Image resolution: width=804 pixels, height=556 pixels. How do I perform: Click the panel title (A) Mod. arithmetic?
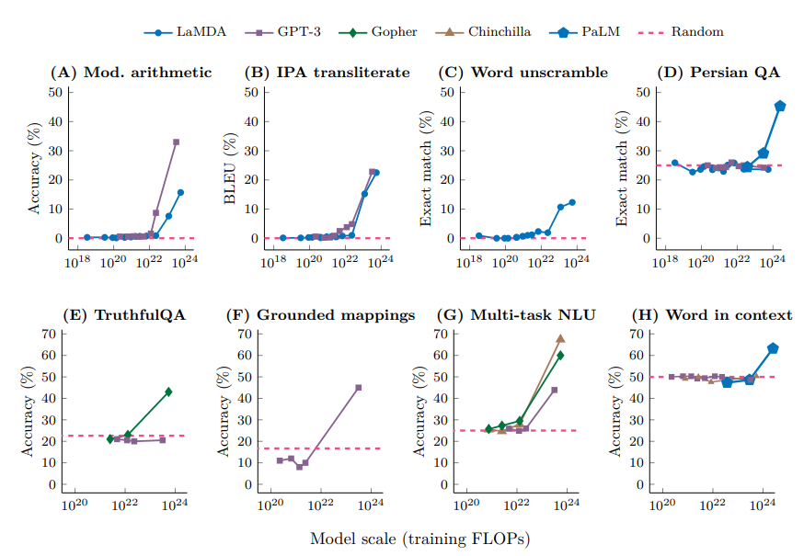(131, 73)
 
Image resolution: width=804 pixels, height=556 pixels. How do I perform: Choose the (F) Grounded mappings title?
(320, 315)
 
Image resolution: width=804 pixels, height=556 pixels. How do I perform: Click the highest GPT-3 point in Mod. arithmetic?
(176, 142)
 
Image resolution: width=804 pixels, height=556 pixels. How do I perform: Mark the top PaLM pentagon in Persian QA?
(780, 106)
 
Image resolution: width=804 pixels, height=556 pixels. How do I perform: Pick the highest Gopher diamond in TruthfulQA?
(168, 391)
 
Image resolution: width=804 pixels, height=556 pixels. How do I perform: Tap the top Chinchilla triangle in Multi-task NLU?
(560, 338)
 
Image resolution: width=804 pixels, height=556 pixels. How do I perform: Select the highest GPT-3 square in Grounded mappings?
(358, 388)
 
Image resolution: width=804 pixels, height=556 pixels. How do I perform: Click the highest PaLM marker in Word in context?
(773, 348)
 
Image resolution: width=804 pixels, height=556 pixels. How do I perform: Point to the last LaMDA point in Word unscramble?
(571, 202)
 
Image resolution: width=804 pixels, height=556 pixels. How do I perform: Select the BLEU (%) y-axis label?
(231, 166)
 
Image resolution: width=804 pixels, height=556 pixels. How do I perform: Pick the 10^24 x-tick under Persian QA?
(773, 263)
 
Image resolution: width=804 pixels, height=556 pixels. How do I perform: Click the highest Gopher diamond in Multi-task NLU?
(560, 355)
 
